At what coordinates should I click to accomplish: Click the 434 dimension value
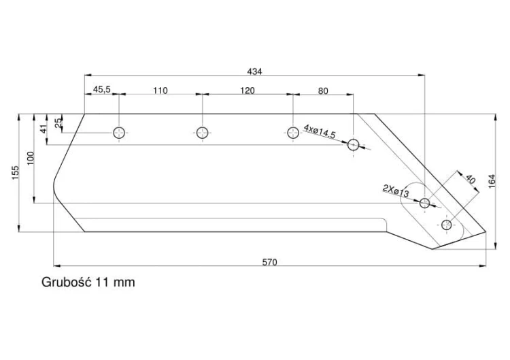coord(254,71)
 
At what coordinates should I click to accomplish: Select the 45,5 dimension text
coord(102,89)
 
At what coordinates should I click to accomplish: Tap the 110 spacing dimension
coord(160,90)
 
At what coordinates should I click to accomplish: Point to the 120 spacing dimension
coord(248,91)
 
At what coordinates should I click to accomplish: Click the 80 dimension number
coord(323,91)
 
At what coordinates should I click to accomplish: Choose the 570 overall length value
coord(270,262)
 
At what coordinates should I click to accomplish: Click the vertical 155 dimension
coord(15,173)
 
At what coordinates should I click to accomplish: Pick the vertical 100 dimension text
coord(30,158)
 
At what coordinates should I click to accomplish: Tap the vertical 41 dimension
coord(44,129)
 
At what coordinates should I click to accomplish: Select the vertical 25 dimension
coord(58,123)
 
